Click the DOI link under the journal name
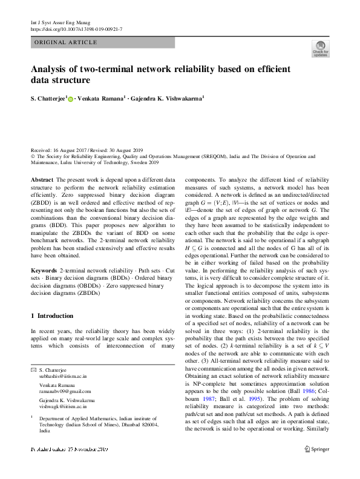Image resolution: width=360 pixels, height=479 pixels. pyautogui.click(x=76, y=29)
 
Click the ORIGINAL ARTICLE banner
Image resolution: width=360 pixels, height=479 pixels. pyautogui.click(x=65, y=42)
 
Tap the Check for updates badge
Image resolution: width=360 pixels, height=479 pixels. pyautogui.click(x=320, y=49)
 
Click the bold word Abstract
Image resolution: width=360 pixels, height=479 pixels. pyautogui.click(x=42, y=180)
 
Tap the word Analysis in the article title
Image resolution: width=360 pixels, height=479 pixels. pyautogui.click(x=53, y=68)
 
